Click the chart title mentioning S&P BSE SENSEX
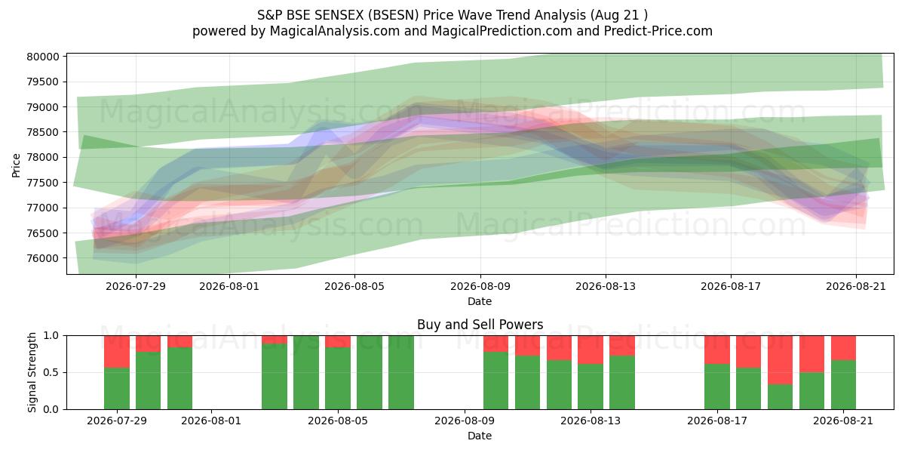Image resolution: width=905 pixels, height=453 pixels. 452,15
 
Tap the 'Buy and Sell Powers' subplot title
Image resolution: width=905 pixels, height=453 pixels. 480,325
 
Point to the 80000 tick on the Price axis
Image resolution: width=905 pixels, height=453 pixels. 43,57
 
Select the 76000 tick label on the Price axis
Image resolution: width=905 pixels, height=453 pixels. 43,258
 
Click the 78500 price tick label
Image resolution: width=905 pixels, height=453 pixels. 43,132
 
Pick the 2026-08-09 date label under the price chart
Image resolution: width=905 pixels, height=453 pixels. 480,286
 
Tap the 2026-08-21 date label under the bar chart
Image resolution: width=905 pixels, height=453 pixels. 843,421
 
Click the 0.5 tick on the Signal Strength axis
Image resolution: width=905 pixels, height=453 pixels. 51,372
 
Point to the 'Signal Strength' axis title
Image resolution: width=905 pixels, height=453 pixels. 32,372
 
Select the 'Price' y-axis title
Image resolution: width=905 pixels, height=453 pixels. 16,165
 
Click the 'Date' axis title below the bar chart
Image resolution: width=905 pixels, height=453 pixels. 480,436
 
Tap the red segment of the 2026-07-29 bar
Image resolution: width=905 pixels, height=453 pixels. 117,352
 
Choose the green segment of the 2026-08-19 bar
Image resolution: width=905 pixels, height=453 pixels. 780,397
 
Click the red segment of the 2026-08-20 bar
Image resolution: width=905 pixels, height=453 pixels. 811,354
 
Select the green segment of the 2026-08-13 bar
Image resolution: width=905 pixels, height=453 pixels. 591,387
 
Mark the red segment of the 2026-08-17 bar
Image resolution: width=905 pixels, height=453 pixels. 717,350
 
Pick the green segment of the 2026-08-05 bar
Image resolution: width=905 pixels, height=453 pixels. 338,378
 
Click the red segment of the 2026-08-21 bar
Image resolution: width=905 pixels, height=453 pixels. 843,348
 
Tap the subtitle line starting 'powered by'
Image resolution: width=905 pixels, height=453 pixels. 452,31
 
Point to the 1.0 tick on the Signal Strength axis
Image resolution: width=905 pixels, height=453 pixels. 51,335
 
